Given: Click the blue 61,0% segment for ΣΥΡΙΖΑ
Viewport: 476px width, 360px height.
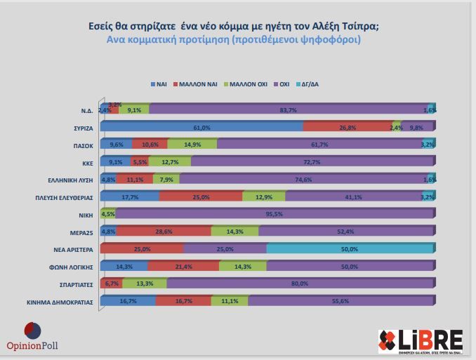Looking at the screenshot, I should click(201, 127).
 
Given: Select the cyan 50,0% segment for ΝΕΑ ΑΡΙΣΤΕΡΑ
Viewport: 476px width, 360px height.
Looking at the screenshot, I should click(350, 248).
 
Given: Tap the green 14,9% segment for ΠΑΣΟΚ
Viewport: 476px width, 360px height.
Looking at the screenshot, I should click(192, 145).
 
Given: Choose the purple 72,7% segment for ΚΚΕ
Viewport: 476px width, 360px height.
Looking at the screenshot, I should click(312, 161).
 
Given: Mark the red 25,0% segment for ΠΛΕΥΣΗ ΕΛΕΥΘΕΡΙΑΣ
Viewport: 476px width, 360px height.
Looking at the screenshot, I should click(201, 196).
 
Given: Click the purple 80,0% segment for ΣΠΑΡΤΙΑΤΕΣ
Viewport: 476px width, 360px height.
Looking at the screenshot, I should click(300, 283).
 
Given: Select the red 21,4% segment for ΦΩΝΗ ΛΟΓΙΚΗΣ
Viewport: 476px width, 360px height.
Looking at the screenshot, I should click(183, 266).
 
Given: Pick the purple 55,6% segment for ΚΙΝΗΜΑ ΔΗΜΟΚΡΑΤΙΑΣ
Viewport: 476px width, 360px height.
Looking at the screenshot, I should click(340, 300).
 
